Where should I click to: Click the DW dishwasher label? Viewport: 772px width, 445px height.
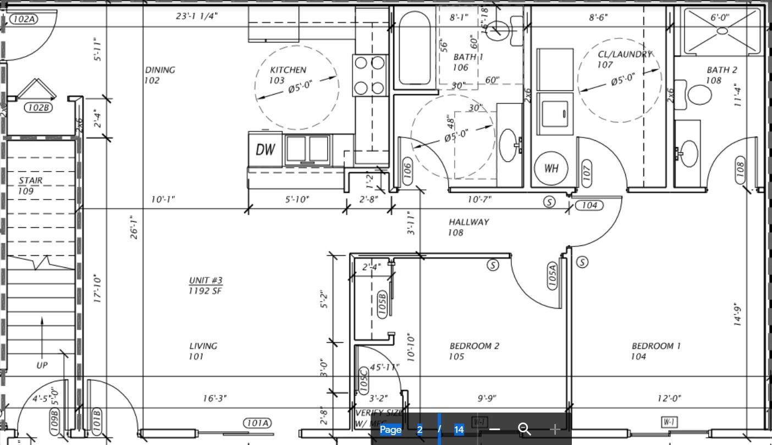coord(265,149)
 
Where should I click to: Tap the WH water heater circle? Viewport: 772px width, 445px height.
coord(551,168)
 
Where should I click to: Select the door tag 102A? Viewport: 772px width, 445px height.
coord(24,19)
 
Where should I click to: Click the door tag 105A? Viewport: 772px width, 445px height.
coord(552,276)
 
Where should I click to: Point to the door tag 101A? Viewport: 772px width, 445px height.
coord(258,423)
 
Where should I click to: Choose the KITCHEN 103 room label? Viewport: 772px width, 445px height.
coord(288,75)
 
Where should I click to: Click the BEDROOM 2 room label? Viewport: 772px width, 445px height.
coord(474,351)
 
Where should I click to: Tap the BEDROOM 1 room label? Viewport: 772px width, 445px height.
coord(655,351)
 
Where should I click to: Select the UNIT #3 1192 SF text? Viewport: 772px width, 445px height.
coord(206,285)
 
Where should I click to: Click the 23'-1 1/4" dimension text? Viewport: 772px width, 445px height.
coord(196,16)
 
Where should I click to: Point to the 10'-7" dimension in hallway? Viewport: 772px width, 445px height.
coord(479,199)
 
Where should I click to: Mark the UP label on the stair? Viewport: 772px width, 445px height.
coord(42,365)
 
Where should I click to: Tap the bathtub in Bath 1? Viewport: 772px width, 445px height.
coord(415,48)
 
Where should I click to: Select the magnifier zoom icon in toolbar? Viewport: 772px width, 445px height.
coord(525,429)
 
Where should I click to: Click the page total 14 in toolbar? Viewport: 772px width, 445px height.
coord(459,430)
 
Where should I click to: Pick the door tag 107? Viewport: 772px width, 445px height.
coord(586,172)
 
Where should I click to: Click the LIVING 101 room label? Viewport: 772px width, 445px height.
coord(203,351)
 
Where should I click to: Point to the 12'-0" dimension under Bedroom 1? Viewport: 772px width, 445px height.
coord(669,398)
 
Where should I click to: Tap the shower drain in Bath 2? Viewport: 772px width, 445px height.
coord(723,31)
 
